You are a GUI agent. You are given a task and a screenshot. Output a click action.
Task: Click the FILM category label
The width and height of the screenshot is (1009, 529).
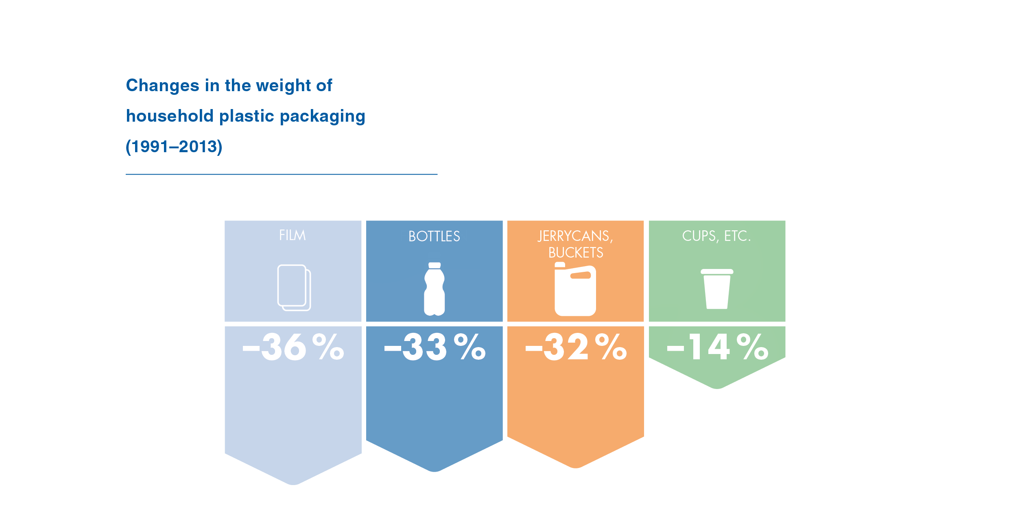click(292, 235)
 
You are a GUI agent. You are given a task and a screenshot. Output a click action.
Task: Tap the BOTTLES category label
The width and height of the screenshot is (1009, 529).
click(434, 236)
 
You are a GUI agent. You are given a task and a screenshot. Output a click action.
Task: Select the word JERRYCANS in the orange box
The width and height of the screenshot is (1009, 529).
click(574, 236)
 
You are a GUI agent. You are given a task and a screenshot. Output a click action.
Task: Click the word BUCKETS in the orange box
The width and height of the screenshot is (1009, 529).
click(576, 253)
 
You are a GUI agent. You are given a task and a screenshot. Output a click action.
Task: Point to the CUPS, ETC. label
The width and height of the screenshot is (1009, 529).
click(716, 236)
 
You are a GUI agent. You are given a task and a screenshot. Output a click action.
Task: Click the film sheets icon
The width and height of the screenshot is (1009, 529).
click(294, 288)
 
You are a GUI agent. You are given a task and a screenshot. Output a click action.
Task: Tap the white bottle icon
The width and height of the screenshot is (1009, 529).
click(435, 290)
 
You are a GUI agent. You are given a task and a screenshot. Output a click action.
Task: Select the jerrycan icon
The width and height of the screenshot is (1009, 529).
click(575, 290)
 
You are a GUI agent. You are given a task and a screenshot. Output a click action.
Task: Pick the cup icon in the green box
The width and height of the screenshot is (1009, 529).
click(717, 289)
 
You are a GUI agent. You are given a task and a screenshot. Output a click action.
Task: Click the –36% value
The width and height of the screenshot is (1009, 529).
click(293, 348)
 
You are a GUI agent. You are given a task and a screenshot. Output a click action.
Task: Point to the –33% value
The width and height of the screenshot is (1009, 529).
click(435, 348)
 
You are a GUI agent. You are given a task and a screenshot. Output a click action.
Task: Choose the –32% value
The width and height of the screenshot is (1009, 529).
click(576, 348)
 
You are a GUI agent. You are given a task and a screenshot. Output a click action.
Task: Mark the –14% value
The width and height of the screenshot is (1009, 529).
click(717, 348)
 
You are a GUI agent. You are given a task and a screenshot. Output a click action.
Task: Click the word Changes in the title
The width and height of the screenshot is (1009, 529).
click(162, 86)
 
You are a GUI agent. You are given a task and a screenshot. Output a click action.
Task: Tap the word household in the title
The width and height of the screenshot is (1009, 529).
click(169, 116)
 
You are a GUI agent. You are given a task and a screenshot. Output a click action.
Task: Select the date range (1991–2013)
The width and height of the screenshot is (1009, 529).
click(174, 146)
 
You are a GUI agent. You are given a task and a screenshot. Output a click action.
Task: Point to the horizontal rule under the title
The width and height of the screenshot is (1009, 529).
click(282, 174)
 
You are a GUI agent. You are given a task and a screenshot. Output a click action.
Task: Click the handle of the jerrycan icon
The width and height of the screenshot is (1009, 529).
click(581, 275)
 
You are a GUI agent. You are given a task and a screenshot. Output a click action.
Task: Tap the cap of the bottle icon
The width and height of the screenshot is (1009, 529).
click(435, 265)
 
